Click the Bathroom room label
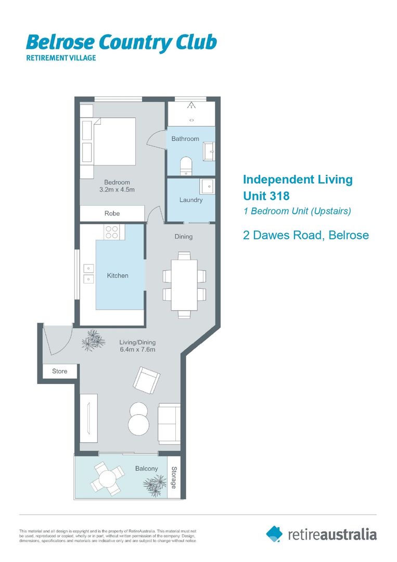coord(185,139)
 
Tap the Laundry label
coord(191,200)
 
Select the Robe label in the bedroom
coord(112,213)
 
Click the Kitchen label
coord(118,276)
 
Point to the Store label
coord(59,371)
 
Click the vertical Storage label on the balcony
coord(174,477)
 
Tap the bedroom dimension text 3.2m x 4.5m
coord(117,189)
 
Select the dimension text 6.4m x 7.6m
coord(137,350)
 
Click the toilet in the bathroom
coord(186,165)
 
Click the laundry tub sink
coord(207,186)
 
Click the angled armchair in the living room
coord(147,380)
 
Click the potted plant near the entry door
coord(93,340)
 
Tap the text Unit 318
coord(266,196)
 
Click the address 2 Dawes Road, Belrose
coord(306,235)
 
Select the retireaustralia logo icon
coord(274,534)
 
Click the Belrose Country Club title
coord(121,42)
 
